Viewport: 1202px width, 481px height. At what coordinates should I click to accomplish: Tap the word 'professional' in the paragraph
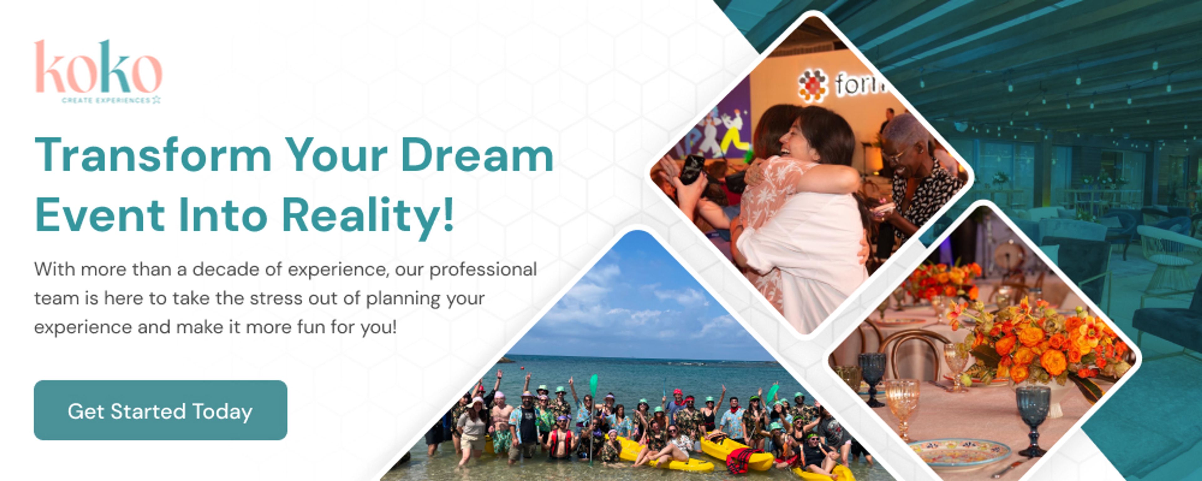[x=483, y=270]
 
